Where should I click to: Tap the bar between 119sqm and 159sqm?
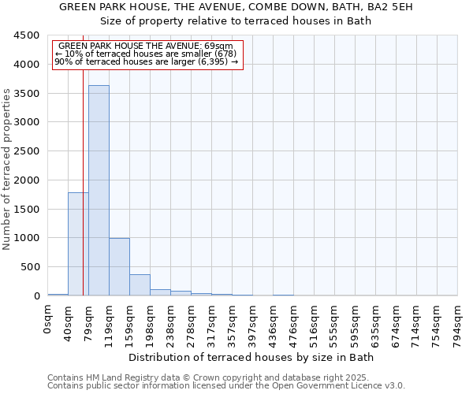tap(119, 266)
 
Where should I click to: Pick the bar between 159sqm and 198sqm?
tap(140, 284)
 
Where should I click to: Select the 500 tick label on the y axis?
tap(30, 267)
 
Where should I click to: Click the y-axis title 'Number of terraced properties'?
tap(8, 169)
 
